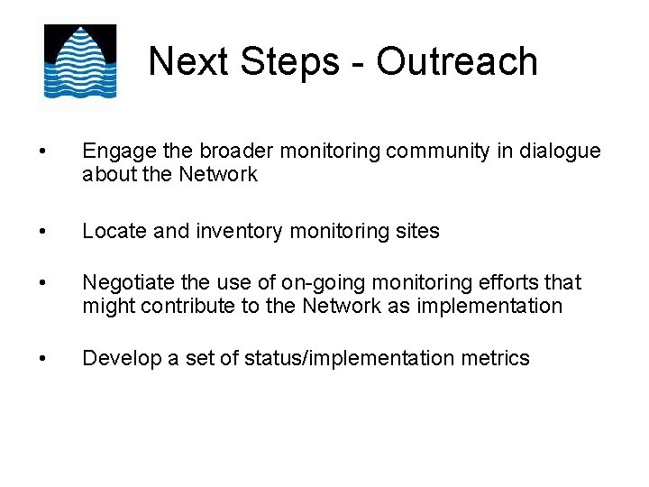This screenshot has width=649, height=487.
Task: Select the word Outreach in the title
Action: [x=457, y=61]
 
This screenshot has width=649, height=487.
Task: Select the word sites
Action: [x=416, y=232]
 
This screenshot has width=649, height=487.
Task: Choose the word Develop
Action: [x=118, y=359]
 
